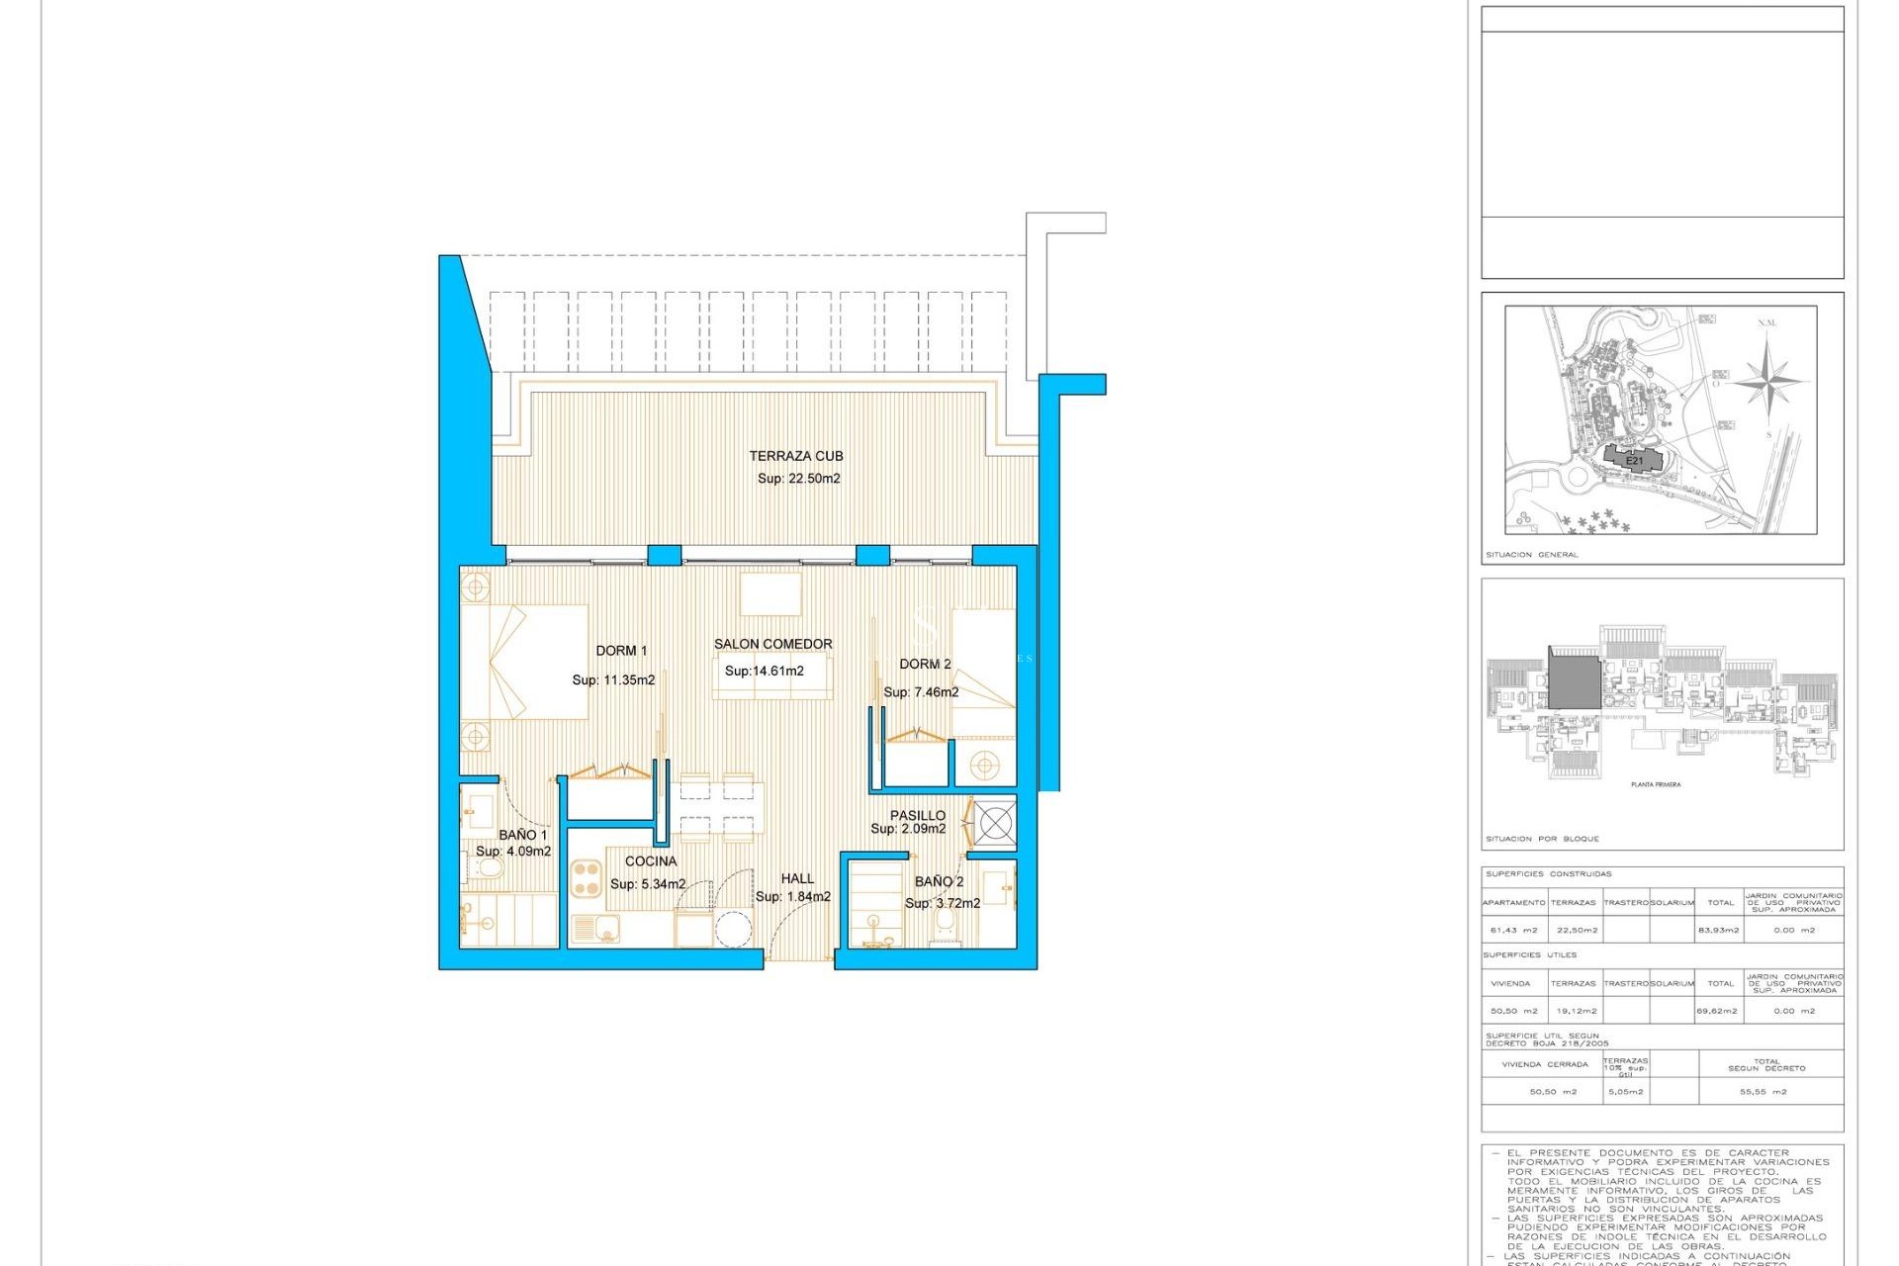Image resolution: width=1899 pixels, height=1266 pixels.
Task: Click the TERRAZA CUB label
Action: point(795,456)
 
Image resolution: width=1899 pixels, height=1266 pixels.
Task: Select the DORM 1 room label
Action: point(621,651)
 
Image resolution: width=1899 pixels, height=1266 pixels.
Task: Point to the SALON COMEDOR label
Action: point(772,644)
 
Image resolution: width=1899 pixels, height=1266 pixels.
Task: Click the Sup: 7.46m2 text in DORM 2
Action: point(921,692)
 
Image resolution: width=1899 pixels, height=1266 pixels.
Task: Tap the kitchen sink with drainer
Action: point(594,929)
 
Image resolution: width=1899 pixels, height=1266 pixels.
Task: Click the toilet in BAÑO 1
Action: point(489,868)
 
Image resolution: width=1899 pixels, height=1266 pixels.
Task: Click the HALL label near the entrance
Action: point(797,878)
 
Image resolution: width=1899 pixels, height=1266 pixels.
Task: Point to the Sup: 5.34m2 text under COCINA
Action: point(648,884)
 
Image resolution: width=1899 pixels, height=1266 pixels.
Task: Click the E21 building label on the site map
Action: point(1634,461)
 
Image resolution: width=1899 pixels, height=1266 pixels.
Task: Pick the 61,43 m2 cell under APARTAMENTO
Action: point(1513,931)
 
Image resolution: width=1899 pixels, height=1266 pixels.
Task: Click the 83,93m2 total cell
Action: point(1718,931)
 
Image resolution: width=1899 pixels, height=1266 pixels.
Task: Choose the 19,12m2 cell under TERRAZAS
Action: point(1573,1012)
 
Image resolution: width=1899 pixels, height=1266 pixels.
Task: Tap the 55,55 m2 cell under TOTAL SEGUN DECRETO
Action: point(1763,1092)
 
